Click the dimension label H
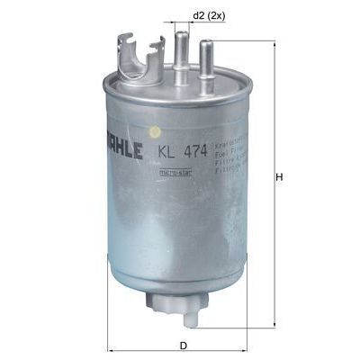tap(280, 176)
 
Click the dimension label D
tap(183, 344)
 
